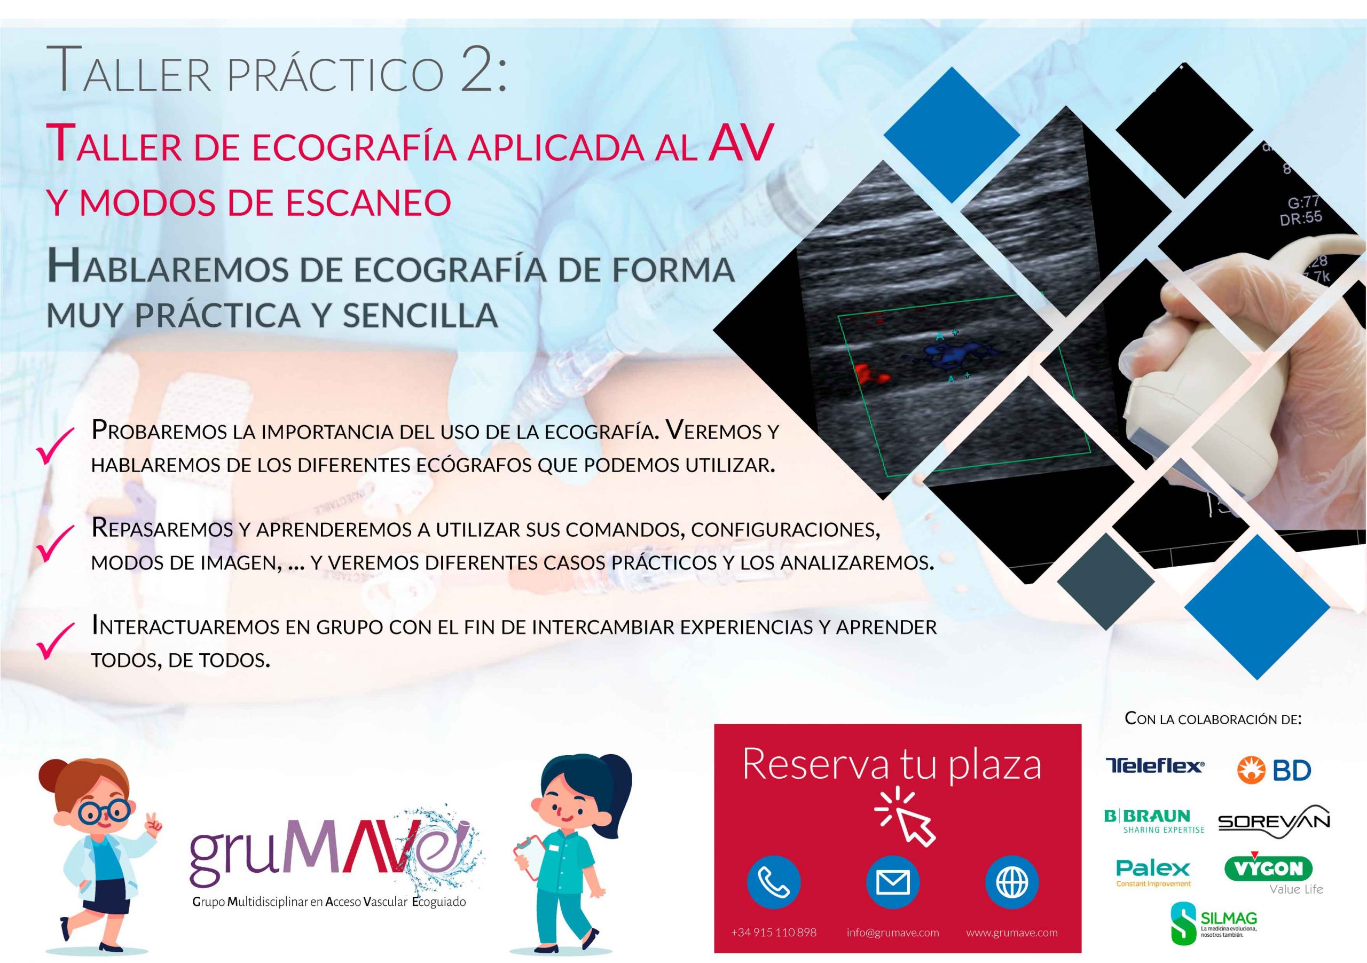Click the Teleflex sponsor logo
pyautogui.click(x=1154, y=766)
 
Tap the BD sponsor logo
pyautogui.click(x=1274, y=770)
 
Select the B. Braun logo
pyautogui.click(x=1154, y=821)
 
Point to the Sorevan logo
pyautogui.click(x=1274, y=823)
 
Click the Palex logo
pyautogui.click(x=1153, y=873)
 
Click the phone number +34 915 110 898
pyautogui.click(x=774, y=933)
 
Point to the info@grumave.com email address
pyautogui.click(x=893, y=933)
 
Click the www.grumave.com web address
pyautogui.click(x=1012, y=933)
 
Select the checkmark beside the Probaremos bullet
pyautogui.click(x=56, y=447)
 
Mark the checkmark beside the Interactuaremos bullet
pyautogui.click(x=56, y=641)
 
